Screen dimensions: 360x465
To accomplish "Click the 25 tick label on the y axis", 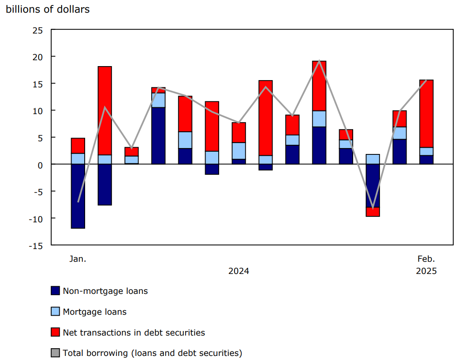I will [x=37, y=30].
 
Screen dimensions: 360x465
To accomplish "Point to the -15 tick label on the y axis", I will [x=35, y=245].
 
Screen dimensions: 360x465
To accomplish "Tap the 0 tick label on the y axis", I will [x=40, y=165].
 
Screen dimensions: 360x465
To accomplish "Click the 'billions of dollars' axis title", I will [x=48, y=9].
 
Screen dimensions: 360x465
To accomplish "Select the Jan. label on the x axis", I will [x=77, y=259].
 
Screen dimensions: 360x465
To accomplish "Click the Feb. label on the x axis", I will [x=426, y=259].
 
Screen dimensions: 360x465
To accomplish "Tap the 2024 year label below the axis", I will [x=239, y=271].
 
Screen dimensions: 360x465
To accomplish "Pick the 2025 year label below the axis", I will [x=426, y=271].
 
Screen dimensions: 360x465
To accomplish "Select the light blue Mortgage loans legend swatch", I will [x=55, y=312].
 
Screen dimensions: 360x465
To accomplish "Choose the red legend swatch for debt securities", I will [x=55, y=333].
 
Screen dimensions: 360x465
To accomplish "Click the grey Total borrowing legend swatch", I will [x=55, y=353].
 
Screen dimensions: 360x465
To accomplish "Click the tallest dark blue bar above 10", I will [x=158, y=135].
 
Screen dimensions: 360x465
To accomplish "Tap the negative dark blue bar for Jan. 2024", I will [x=78, y=196].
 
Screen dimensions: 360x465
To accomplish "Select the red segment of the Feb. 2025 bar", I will [x=426, y=113].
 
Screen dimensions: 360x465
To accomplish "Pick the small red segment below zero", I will [x=373, y=212].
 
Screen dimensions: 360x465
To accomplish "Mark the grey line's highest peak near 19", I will [x=319, y=61].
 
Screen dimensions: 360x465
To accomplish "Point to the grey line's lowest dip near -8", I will [x=373, y=207].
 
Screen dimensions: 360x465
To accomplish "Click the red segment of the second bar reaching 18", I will [x=105, y=110].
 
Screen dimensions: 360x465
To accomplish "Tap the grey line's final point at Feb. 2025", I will [x=426, y=80].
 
